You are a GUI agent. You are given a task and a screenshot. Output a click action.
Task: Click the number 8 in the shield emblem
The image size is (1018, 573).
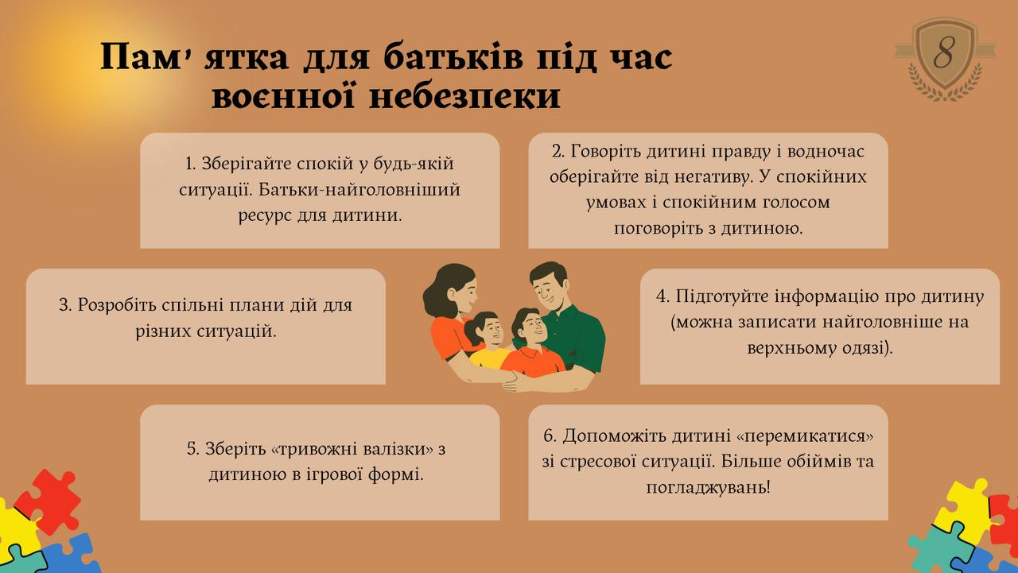click(x=944, y=53)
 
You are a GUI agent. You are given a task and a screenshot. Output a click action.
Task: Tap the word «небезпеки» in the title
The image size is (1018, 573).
click(x=465, y=97)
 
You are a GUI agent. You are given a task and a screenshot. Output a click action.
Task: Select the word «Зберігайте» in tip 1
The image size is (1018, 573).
click(x=246, y=164)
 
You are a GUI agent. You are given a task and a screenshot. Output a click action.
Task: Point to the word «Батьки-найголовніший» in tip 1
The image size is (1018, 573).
click(x=359, y=189)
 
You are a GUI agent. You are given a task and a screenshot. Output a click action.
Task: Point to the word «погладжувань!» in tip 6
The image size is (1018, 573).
click(x=708, y=488)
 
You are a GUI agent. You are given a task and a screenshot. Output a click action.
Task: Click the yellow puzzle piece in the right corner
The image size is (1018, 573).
click(x=965, y=509)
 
